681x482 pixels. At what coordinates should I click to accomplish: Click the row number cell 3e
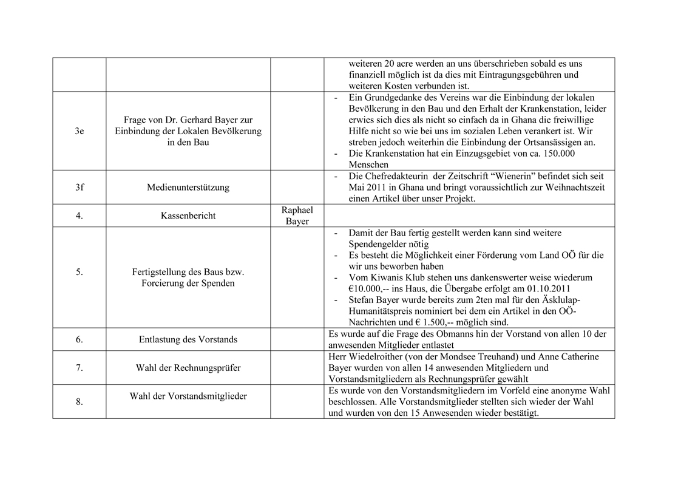[x=79, y=131]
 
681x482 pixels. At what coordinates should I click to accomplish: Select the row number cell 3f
[x=79, y=188]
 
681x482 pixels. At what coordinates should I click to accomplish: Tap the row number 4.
[x=79, y=216]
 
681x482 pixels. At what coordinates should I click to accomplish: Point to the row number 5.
[x=79, y=272]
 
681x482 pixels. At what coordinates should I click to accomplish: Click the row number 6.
[x=79, y=339]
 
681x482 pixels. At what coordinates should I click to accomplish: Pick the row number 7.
[x=79, y=367]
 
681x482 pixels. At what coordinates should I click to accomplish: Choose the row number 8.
[x=79, y=401]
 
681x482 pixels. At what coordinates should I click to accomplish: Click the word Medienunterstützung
[x=188, y=188]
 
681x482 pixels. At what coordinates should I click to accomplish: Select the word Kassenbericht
[x=188, y=216]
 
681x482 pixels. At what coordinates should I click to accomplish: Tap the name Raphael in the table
[x=297, y=210]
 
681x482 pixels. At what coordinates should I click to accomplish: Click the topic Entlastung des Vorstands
[x=188, y=339]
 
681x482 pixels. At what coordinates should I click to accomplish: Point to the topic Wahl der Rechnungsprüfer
[x=188, y=367]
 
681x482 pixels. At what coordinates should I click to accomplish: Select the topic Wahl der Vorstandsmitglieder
[x=188, y=396]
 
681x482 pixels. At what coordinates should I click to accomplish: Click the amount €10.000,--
[x=370, y=288]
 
